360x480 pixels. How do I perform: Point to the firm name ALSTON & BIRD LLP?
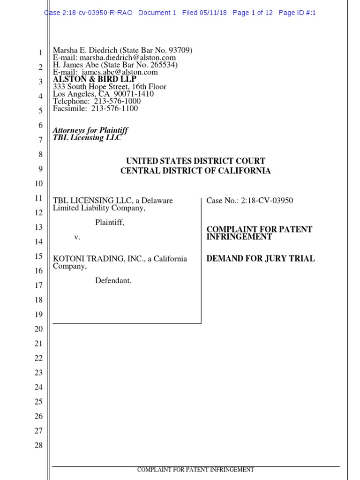94,80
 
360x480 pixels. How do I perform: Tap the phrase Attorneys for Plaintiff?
90,130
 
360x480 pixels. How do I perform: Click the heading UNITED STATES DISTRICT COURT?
195,161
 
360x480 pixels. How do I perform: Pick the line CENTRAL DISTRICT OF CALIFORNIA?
195,171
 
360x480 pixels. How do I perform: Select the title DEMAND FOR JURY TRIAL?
261,259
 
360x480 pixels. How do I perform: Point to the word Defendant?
113,281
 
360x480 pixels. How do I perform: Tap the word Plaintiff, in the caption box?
110,223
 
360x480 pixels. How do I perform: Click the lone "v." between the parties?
77,237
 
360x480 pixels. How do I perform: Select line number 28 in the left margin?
38,445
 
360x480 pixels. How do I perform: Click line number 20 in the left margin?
38,329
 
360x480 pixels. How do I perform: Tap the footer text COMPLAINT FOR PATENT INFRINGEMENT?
195,470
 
